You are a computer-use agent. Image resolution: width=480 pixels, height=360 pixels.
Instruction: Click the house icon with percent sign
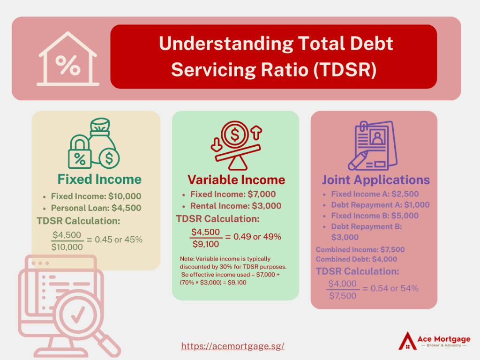pyautogui.click(x=67, y=60)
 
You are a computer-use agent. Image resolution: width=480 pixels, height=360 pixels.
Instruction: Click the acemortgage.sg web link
pyautogui.click(x=233, y=346)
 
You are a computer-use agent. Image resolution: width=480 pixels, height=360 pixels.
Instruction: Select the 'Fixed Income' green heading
pyautogui.click(x=99, y=179)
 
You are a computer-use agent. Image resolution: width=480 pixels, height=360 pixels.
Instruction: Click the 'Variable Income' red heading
pyautogui.click(x=236, y=180)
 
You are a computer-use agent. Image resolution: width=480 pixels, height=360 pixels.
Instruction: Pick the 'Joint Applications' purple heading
pyautogui.click(x=375, y=180)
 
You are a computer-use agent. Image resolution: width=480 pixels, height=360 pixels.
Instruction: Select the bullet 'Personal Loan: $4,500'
pyautogui.click(x=96, y=208)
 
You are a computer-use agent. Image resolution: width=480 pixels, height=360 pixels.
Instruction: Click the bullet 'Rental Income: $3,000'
pyautogui.click(x=236, y=206)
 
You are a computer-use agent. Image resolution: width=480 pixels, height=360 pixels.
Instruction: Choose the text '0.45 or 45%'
pyautogui.click(x=119, y=239)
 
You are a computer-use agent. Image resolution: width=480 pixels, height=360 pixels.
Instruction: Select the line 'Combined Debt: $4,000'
pyautogui.click(x=356, y=259)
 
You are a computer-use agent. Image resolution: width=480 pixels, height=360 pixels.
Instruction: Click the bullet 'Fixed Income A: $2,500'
pyautogui.click(x=375, y=194)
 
